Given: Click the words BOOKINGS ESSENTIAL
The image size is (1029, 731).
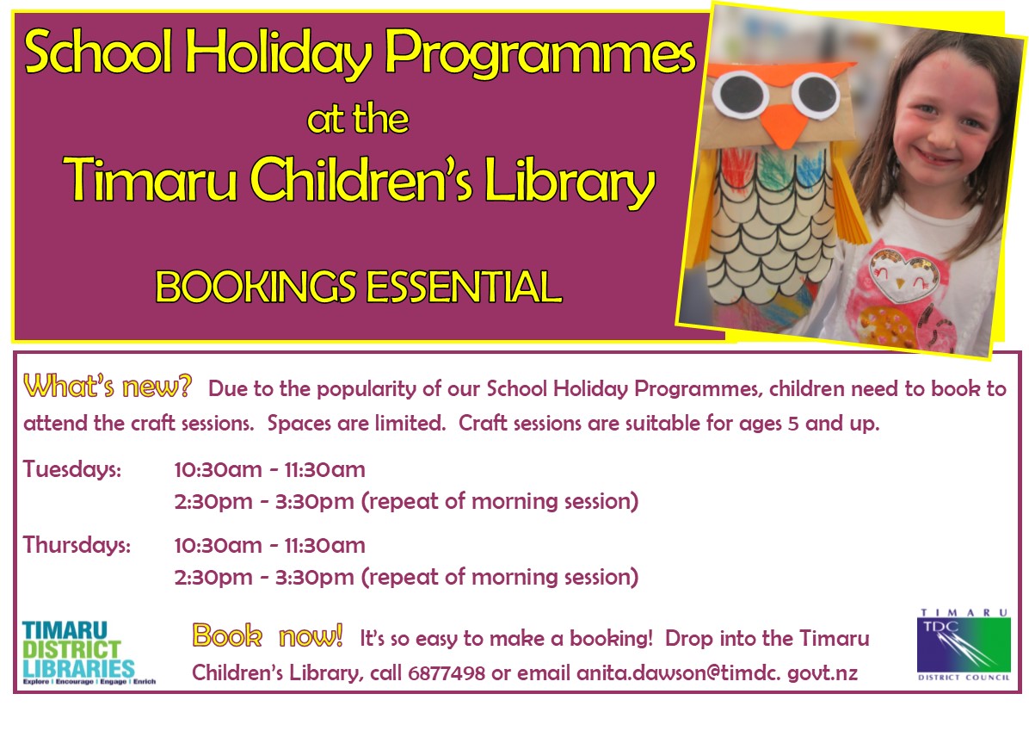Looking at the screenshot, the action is [x=358, y=287].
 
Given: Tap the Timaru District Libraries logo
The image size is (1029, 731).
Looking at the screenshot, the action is [x=89, y=653].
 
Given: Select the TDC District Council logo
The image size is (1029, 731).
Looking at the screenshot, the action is [x=964, y=645].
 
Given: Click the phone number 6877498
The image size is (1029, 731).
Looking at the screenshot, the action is [x=447, y=673].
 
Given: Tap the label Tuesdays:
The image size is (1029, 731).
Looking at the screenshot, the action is [x=72, y=469].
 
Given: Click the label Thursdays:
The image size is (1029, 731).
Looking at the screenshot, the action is [x=77, y=545].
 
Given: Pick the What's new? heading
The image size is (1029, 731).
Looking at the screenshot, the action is [x=108, y=387].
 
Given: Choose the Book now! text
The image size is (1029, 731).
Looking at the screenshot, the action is [x=267, y=635].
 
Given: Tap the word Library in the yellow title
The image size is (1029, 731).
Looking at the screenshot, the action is [x=570, y=182].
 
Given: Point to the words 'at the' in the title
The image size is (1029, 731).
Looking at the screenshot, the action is [x=358, y=120].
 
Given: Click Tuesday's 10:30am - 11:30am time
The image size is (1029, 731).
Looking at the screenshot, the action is [x=269, y=469].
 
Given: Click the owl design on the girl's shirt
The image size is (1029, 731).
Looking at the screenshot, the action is [x=906, y=276].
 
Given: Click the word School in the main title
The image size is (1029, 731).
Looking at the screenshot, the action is [x=99, y=53].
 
